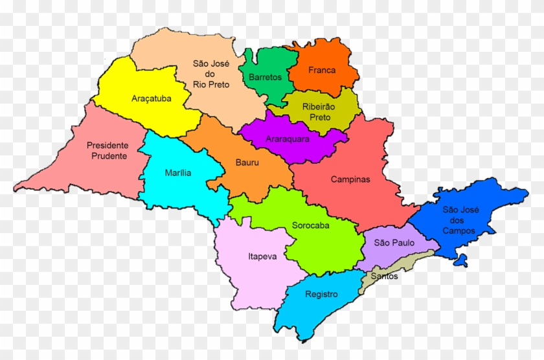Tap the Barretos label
tap(265, 77)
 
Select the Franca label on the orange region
tap(322, 70)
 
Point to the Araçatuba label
tap(151, 98)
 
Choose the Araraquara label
tap(288, 139)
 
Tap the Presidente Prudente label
tap(108, 150)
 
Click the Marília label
tap(178, 172)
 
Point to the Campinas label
tap(350, 179)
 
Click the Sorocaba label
tap(310, 225)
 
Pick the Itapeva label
tap(262, 256)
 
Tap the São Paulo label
tap(391, 242)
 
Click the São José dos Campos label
tap(459, 220)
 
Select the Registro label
tap(322, 294)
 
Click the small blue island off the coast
tap(460, 261)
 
